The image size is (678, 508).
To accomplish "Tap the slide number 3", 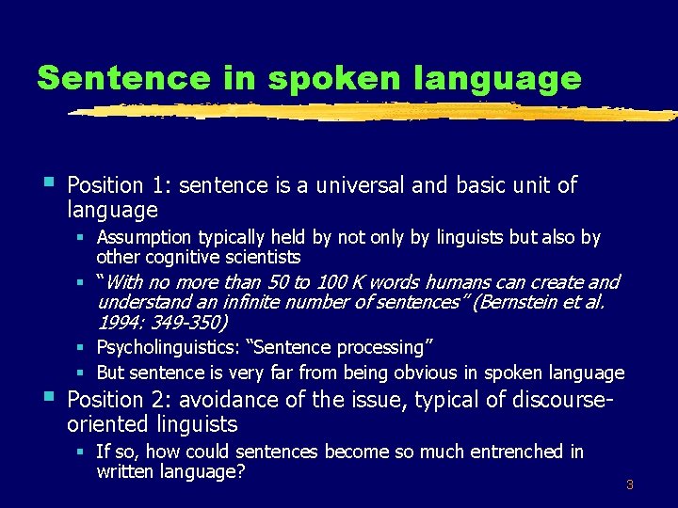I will [630, 485].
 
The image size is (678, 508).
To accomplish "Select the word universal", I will [361, 185].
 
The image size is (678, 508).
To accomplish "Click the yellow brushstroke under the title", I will [377, 111].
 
